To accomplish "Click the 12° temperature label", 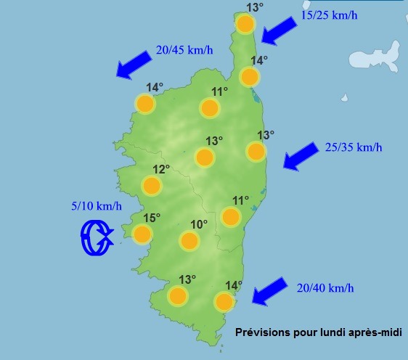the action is (160, 169).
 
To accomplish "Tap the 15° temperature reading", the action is (151, 218).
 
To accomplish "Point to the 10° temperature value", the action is (199, 225).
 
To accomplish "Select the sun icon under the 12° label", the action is (151, 186).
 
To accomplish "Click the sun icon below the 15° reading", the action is (142, 234).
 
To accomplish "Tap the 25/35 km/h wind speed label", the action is (354, 147).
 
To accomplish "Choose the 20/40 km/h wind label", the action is (325, 288).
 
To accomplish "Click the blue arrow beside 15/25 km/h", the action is (280, 30).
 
